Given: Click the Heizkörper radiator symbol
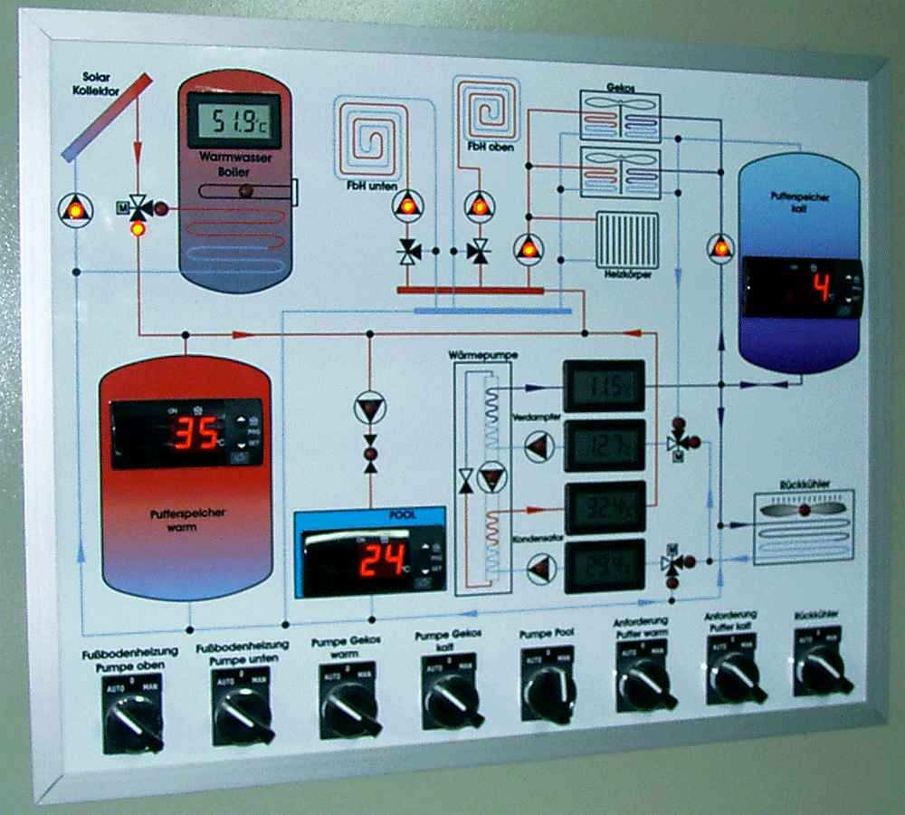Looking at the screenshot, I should click(x=626, y=237).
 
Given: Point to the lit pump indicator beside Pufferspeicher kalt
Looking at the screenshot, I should click(x=720, y=247).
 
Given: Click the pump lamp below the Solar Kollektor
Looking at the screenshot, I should click(x=75, y=209).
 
